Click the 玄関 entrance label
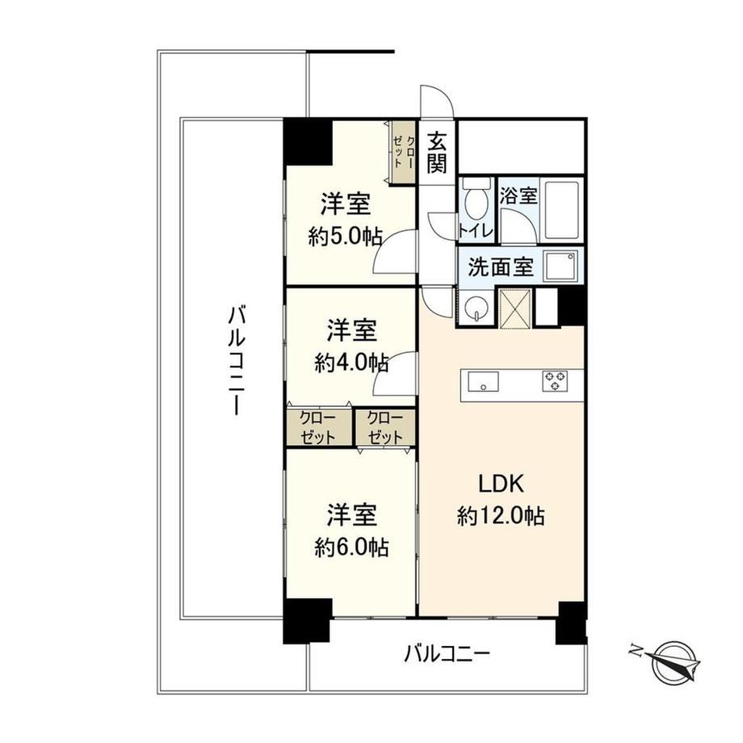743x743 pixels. (436, 153)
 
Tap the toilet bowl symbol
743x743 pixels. (475, 200)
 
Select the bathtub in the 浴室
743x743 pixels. (562, 209)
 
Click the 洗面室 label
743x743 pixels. (501, 267)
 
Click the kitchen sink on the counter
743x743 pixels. (483, 381)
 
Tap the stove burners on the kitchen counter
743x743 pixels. (556, 381)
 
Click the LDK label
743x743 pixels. (501, 485)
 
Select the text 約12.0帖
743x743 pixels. (501, 516)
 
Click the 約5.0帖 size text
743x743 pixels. (345, 236)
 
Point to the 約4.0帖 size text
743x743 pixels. (351, 363)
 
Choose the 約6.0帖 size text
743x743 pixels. (351, 548)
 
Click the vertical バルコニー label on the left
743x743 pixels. (236, 360)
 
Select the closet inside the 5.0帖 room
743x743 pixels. (403, 152)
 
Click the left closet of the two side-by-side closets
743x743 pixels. (319, 428)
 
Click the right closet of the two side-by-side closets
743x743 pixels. (385, 428)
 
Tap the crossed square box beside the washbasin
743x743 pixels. (515, 308)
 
